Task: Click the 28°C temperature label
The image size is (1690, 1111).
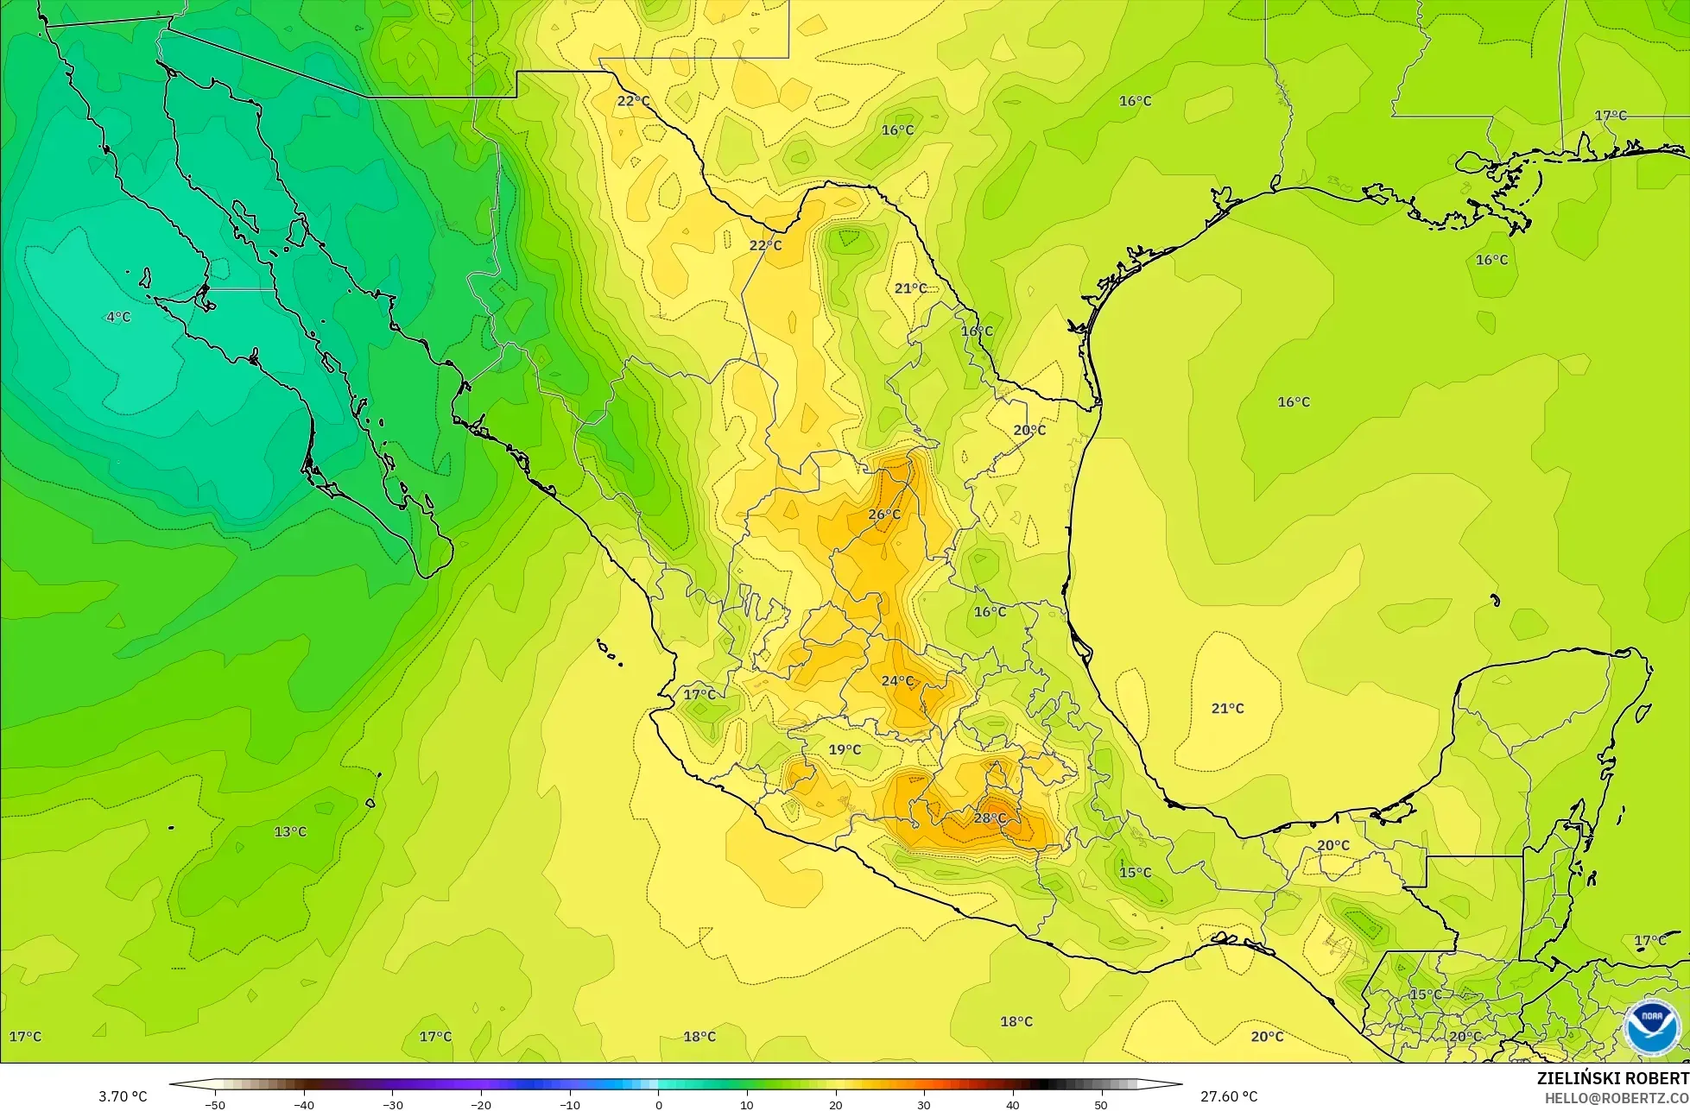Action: point(990,817)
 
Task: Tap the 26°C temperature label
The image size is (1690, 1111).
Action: point(884,514)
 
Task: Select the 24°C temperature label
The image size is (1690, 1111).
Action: point(897,681)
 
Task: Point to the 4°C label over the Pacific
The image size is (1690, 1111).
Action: point(118,317)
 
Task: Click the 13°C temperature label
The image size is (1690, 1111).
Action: point(290,831)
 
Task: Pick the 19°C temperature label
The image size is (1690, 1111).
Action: point(845,749)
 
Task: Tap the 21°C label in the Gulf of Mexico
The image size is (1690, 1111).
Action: point(1227,708)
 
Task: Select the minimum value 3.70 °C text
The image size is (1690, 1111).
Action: point(123,1096)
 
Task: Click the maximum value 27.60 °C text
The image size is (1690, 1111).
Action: point(1229,1096)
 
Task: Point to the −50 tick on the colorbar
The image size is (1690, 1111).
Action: point(215,1104)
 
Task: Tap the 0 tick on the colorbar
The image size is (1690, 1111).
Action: point(658,1104)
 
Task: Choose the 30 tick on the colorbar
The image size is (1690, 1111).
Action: point(924,1104)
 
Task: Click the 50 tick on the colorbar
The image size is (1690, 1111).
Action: point(1101,1104)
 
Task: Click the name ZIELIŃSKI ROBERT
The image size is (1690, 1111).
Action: point(1612,1078)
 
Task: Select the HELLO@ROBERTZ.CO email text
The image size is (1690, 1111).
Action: point(1617,1097)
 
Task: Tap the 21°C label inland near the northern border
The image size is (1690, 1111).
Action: point(910,287)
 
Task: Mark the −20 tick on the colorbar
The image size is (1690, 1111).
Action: point(481,1104)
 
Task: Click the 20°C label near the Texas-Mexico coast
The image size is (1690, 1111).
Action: point(1029,430)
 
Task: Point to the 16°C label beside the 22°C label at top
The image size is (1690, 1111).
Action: point(898,130)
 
